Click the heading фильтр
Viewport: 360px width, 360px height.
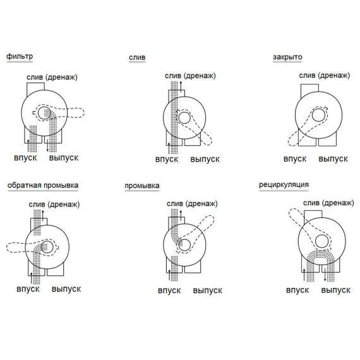tap(20, 56)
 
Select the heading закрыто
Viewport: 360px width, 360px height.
tap(287, 57)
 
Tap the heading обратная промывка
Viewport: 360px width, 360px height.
tap(43, 186)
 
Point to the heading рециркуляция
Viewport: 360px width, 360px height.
tap(284, 185)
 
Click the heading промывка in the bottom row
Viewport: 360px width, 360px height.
tap(142, 186)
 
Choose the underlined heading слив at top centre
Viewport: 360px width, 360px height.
tap(137, 57)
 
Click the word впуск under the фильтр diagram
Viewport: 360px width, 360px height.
tap(25, 158)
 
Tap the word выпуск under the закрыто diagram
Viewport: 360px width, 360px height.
tap(333, 159)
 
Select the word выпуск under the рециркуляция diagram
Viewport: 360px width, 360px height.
tap(335, 290)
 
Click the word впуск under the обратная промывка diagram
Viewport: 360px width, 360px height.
tap(28, 289)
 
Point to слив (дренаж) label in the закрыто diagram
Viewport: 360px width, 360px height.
tap(325, 76)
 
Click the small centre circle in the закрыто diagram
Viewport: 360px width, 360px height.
tap(318, 115)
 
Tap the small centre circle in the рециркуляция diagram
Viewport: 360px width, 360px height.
tap(321, 241)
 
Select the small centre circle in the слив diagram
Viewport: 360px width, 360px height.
tap(184, 118)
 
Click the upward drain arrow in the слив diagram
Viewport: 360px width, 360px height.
tap(181, 87)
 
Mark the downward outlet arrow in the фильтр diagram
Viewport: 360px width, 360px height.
tap(47, 145)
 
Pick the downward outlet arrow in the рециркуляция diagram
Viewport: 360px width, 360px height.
tap(325, 275)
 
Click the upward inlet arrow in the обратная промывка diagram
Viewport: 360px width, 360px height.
tap(31, 278)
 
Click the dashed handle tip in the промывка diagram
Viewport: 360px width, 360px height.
tap(211, 219)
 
